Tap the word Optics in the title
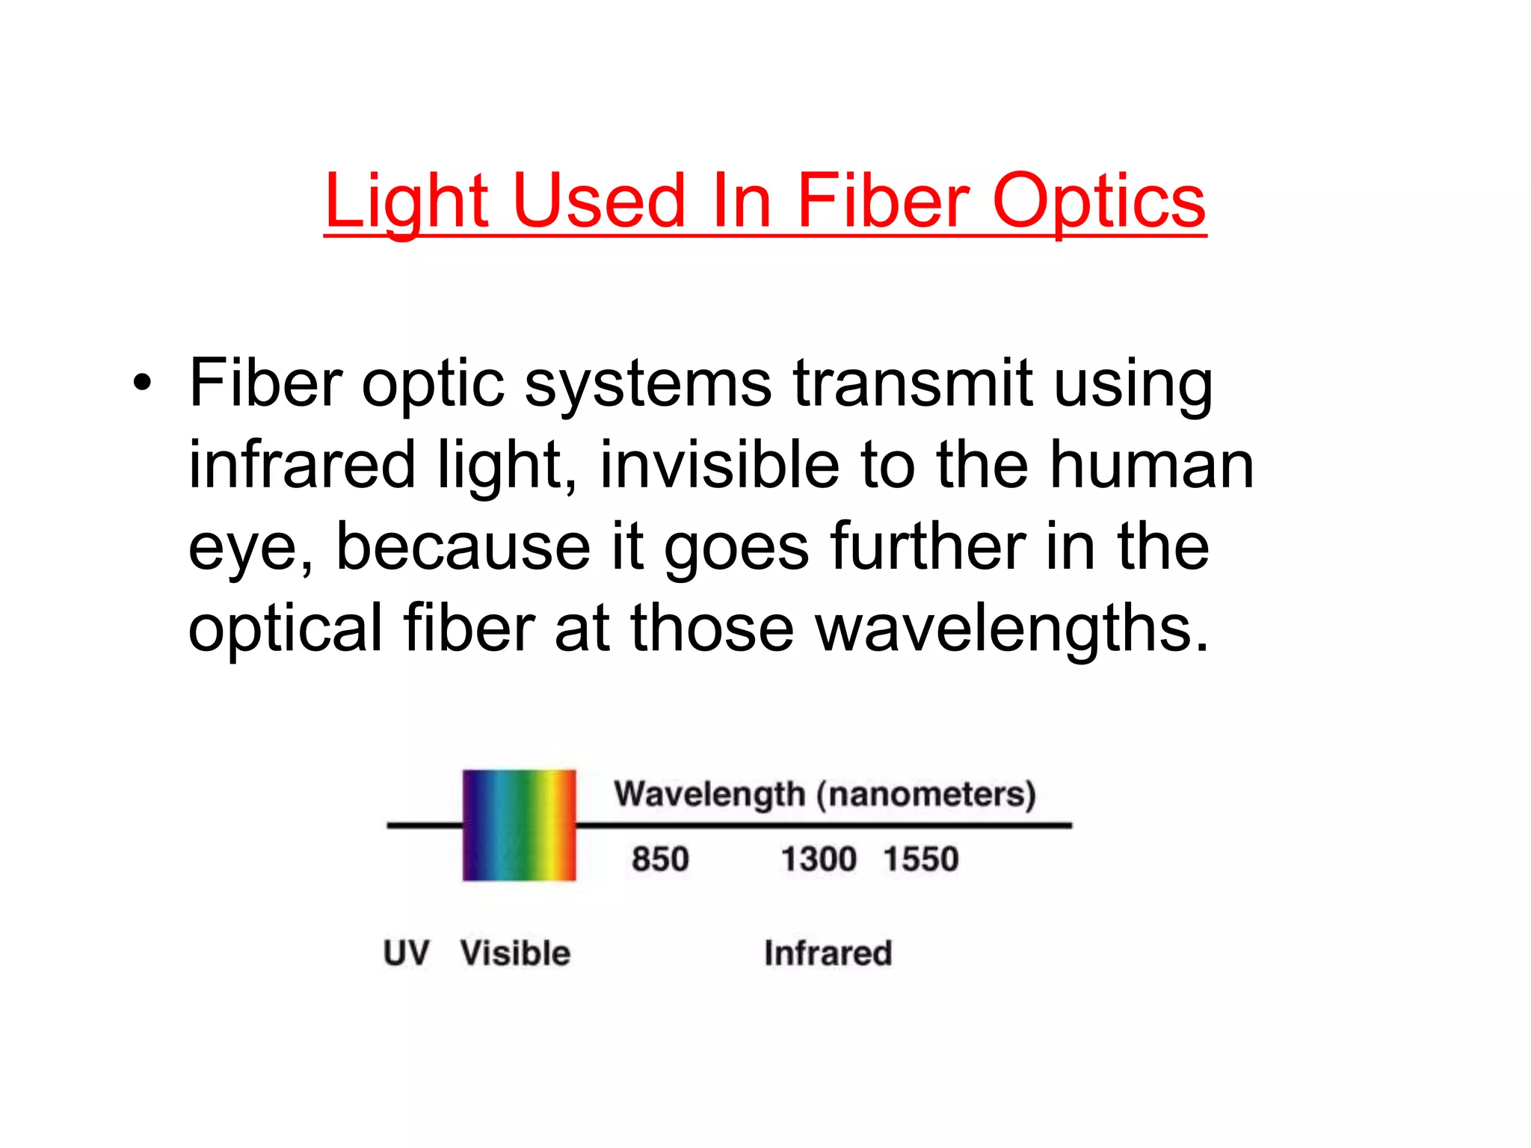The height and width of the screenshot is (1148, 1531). tap(1098, 202)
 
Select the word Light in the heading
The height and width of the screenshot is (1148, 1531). tap(407, 202)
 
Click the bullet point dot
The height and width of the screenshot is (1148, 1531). tap(141, 384)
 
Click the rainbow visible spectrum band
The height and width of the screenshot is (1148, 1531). tap(520, 825)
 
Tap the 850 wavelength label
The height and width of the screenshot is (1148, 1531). tap(659, 860)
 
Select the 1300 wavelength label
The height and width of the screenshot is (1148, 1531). tap(819, 860)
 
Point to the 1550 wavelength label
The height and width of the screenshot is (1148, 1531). tap(921, 860)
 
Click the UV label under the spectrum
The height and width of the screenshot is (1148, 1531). tap(406, 954)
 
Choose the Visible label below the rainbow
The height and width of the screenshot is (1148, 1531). tap(515, 954)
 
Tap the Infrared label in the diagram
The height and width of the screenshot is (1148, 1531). tap(828, 954)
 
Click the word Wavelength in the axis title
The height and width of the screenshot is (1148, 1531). tap(709, 794)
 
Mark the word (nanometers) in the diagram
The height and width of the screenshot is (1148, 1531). tap(926, 794)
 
